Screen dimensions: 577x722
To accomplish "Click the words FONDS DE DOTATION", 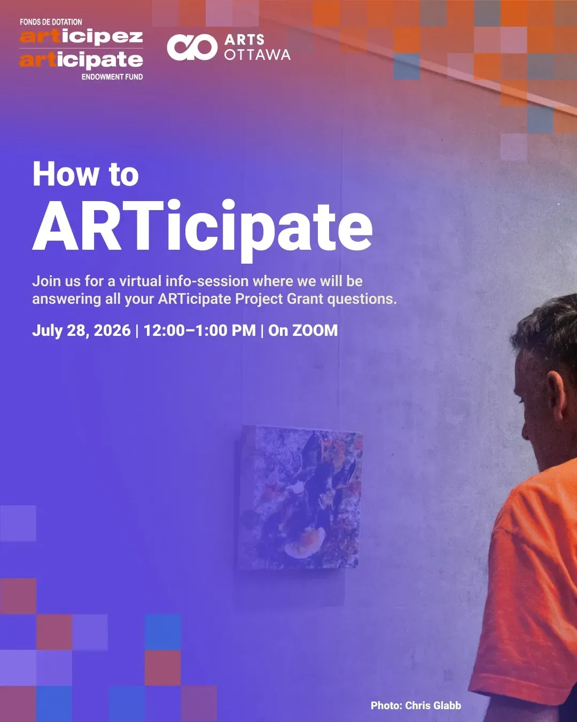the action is [51, 22].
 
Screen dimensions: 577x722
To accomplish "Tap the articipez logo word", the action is [81, 37].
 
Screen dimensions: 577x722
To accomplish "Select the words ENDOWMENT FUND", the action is [112, 77].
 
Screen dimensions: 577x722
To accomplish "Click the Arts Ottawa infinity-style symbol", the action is [192, 47].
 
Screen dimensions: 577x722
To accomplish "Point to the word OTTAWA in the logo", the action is [257, 55].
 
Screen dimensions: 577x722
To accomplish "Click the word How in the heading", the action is [66, 174].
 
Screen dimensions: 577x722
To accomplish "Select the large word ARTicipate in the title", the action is [202, 228].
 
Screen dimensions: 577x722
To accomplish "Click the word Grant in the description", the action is [305, 298].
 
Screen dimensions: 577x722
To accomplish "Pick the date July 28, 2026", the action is [81, 331].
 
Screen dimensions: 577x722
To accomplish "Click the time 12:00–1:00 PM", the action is [199, 330].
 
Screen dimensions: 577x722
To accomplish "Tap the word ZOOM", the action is [315, 330].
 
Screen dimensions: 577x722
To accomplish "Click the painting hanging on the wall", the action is [299, 497].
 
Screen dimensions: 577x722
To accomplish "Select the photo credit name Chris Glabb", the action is [433, 705].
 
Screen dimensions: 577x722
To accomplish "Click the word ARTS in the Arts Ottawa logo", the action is [244, 40].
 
